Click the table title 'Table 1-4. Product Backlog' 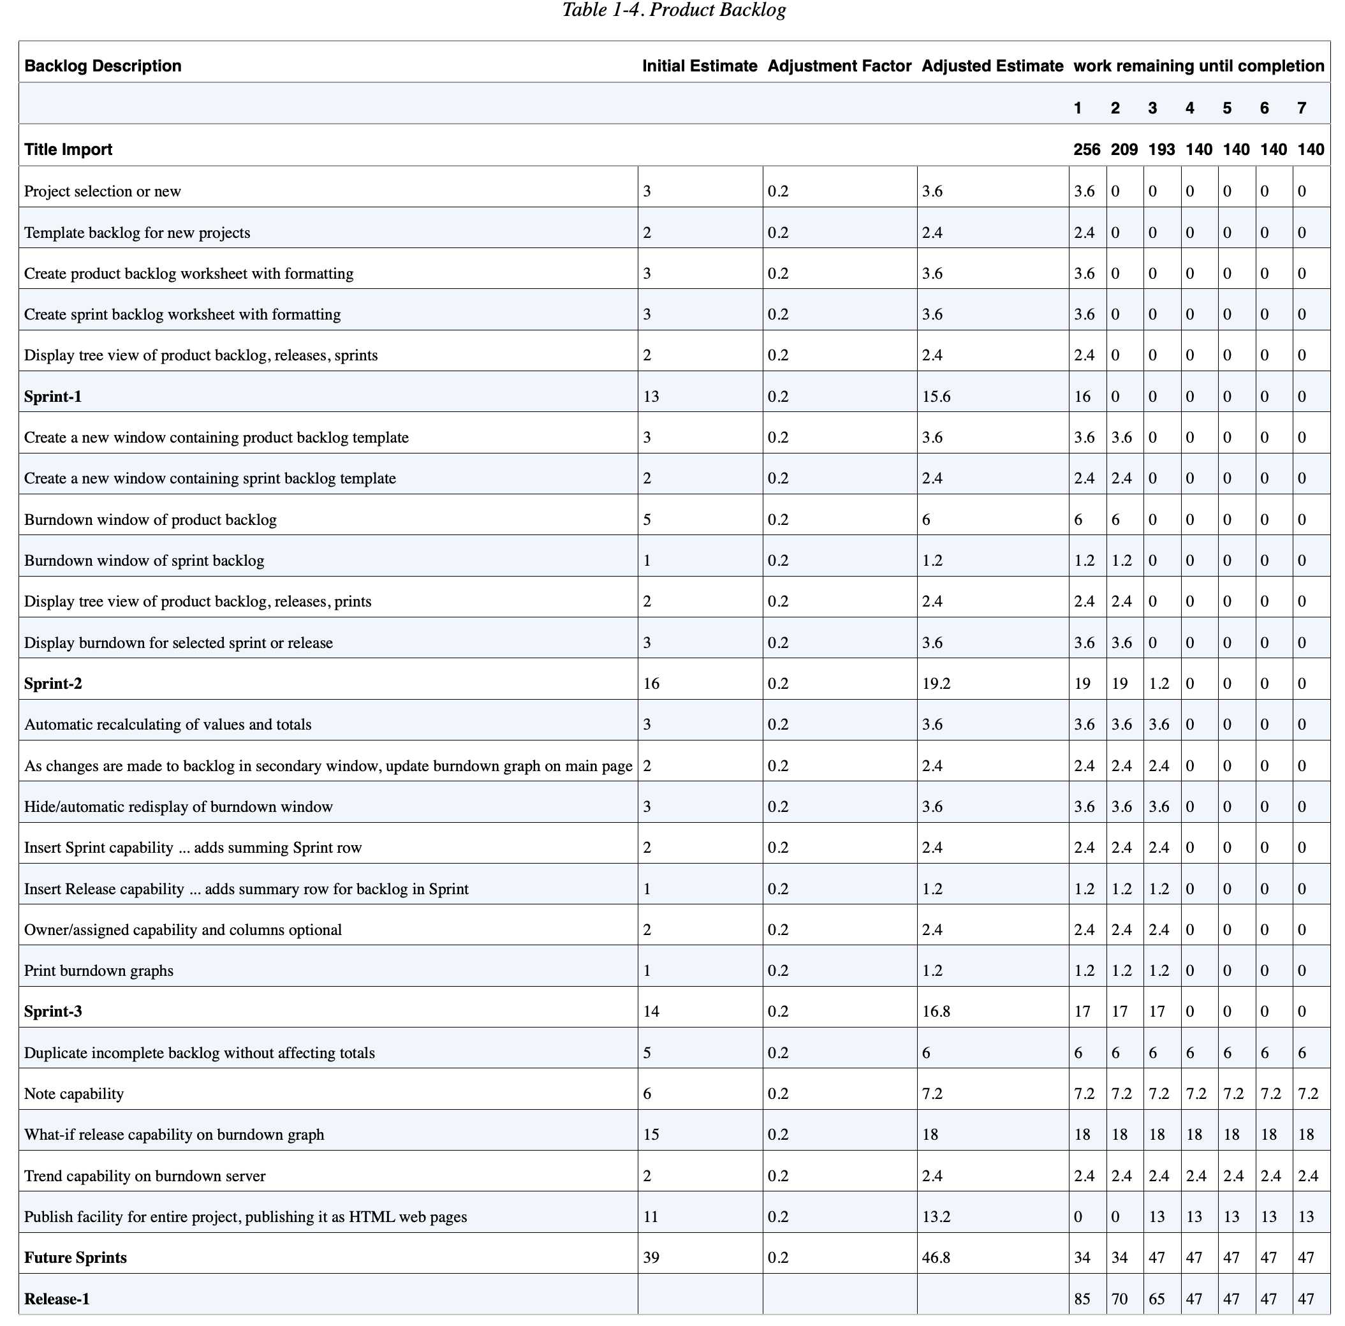tap(673, 10)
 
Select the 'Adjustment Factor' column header tap(839, 66)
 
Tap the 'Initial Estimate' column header tap(699, 66)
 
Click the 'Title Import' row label tap(68, 150)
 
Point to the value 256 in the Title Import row tap(1086, 150)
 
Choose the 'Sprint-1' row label tap(53, 397)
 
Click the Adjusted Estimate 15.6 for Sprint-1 tap(936, 397)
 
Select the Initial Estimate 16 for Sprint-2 tap(651, 684)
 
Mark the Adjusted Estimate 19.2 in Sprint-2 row tap(936, 684)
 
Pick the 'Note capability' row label tap(74, 1093)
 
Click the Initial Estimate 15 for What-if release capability tap(651, 1135)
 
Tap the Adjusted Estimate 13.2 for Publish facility tap(936, 1217)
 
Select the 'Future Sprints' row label tap(75, 1258)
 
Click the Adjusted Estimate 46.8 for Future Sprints tap(936, 1258)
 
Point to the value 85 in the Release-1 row tap(1082, 1299)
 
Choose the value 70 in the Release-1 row tap(1119, 1299)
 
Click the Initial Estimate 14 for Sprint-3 tap(651, 1012)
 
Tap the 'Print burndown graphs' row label tap(98, 970)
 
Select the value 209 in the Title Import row tap(1124, 150)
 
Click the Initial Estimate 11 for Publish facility tap(651, 1217)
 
